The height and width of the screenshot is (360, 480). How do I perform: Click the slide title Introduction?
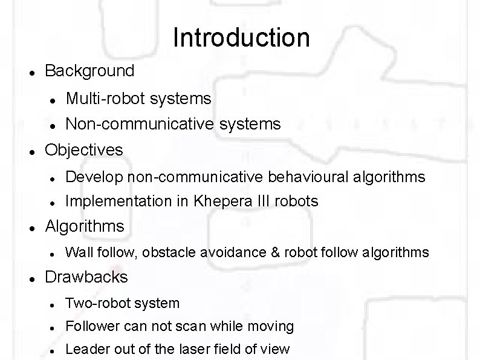[241, 38]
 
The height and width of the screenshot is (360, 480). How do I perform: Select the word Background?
[89, 71]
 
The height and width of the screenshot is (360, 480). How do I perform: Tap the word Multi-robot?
[99, 98]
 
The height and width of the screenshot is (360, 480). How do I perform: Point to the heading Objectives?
[84, 149]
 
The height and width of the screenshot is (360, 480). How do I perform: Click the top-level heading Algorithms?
[85, 226]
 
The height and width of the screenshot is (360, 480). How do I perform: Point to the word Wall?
[76, 252]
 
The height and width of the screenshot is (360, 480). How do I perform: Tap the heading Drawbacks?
[86, 277]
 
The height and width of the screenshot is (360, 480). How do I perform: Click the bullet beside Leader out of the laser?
[53, 350]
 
